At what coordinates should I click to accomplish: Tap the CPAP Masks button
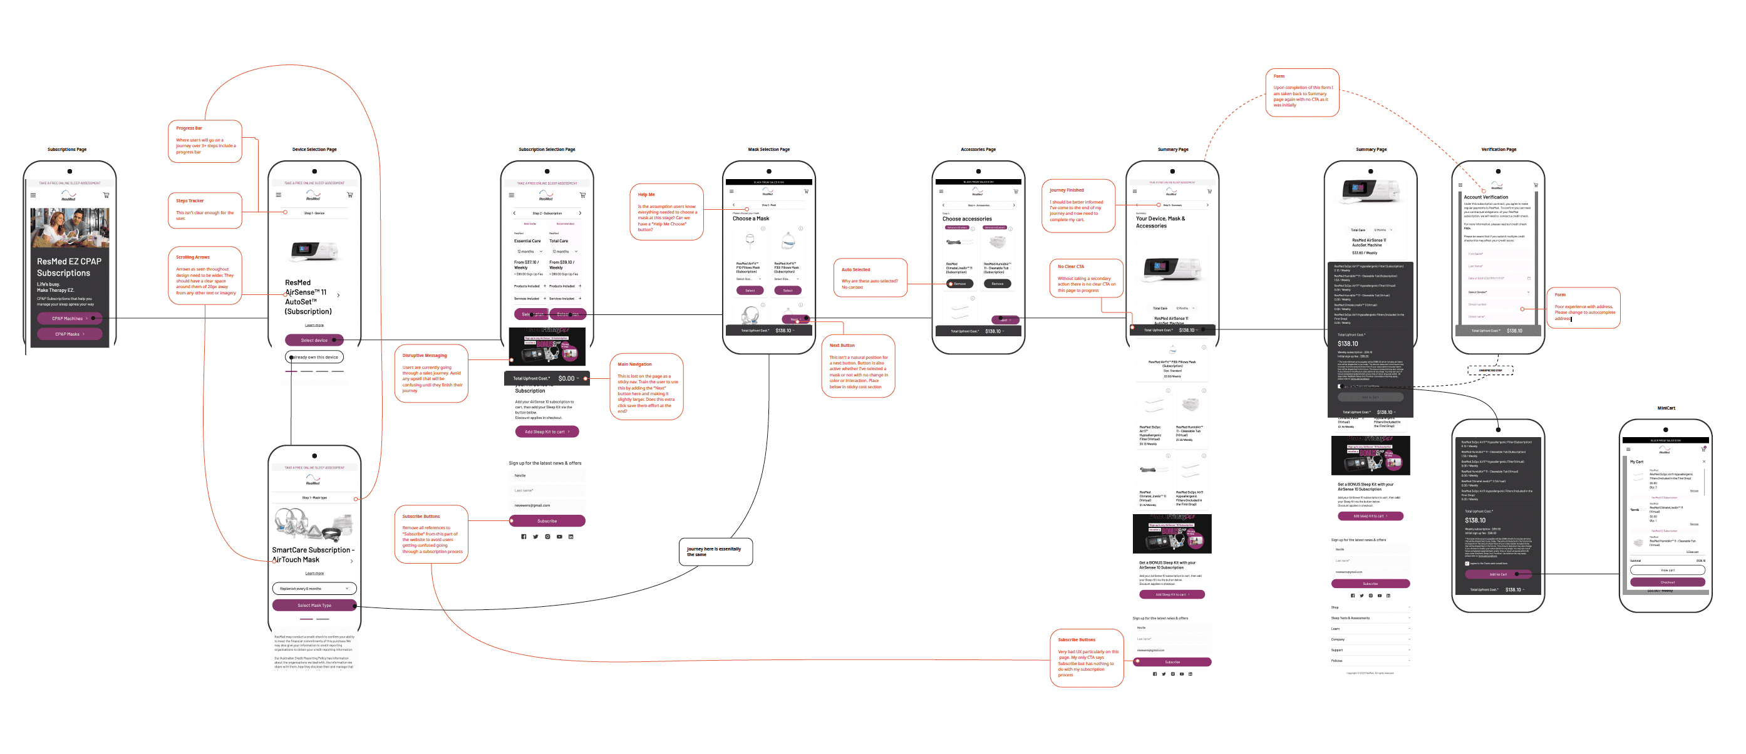(x=69, y=334)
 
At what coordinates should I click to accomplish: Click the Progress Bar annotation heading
(x=189, y=128)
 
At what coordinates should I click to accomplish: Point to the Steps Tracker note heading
(x=190, y=200)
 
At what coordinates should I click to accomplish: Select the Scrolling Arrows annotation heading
(x=192, y=257)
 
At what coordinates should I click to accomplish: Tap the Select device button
(x=314, y=339)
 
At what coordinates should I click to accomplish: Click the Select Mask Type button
(x=314, y=605)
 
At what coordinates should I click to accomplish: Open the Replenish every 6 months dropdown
(x=314, y=589)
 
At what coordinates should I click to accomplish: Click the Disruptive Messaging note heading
(x=425, y=355)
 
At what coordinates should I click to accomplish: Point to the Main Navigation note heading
(x=634, y=364)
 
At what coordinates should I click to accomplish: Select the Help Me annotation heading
(x=646, y=195)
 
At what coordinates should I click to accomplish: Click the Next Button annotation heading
(x=842, y=345)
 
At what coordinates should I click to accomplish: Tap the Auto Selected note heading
(x=855, y=269)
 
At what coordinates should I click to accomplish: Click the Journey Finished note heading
(x=1066, y=190)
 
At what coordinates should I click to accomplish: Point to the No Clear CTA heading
(x=1071, y=267)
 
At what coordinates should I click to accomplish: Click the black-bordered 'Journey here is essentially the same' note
(x=715, y=551)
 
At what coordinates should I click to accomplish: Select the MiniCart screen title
(x=1665, y=408)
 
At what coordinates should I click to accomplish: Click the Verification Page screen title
(x=1499, y=149)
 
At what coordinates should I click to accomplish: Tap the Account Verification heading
(x=1485, y=197)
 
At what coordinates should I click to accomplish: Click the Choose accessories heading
(x=966, y=219)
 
